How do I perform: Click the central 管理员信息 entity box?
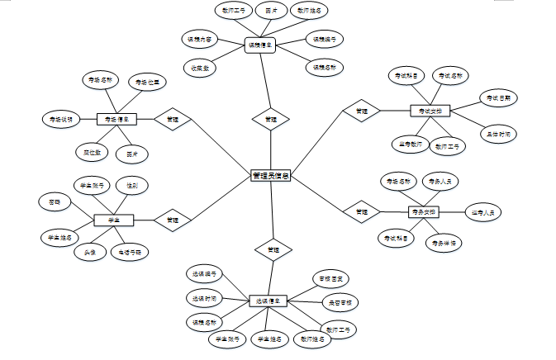coord(270,175)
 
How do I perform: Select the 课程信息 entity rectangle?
coord(260,46)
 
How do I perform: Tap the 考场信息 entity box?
coord(116,119)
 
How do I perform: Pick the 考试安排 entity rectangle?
coord(430,111)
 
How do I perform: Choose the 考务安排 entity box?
coord(423,212)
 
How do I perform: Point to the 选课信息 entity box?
coord(268,301)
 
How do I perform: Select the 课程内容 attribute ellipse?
coord(197,39)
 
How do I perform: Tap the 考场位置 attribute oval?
coord(150,82)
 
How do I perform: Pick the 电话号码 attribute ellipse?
coord(131,251)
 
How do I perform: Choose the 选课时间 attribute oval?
coord(202,298)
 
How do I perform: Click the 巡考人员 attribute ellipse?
coord(483,212)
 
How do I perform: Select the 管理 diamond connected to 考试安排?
coord(362,111)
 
